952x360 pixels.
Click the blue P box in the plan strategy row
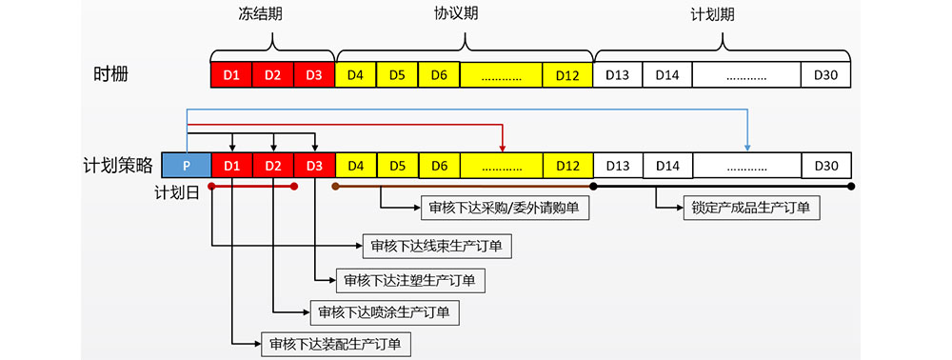(187, 165)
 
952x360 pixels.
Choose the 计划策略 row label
(119, 165)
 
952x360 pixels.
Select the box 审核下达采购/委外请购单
(505, 206)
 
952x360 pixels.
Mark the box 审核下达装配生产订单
(335, 344)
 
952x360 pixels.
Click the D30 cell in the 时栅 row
(825, 74)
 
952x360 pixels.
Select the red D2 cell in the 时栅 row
(273, 74)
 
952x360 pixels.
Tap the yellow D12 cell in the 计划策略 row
(567, 165)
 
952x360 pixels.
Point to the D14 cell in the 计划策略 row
(667, 165)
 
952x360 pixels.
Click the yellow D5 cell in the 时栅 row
(398, 74)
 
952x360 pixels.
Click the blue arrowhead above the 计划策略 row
(747, 147)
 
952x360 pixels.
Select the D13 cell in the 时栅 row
(618, 74)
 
